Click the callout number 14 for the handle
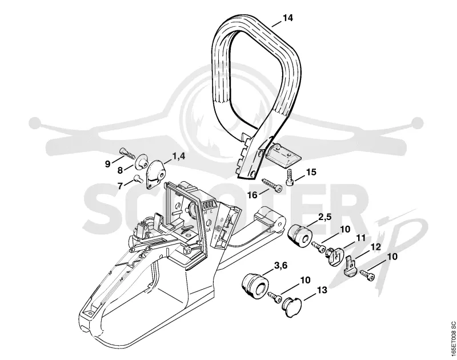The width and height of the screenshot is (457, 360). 287,18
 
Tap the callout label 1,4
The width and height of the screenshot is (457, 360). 179,156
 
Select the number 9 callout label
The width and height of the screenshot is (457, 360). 108,164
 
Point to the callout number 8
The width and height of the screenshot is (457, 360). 120,170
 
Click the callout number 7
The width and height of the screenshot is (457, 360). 121,185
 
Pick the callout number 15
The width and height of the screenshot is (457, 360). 311,172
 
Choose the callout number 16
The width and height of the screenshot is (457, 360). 252,195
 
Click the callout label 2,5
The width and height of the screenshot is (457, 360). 325,218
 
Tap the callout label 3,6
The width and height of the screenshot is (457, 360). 281,266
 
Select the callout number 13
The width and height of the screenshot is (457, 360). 322,290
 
